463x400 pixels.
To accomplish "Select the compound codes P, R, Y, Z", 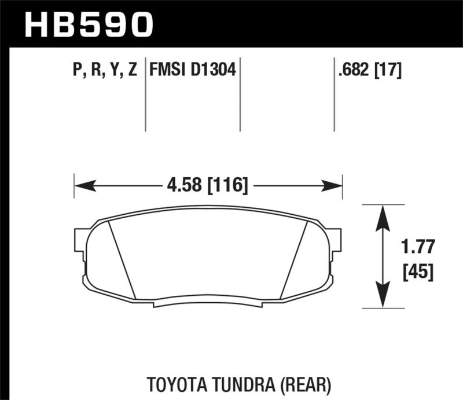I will click(x=105, y=71).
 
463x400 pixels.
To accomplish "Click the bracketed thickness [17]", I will click(x=389, y=71).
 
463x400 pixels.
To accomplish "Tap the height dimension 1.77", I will click(x=416, y=248).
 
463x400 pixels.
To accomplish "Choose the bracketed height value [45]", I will click(x=416, y=271).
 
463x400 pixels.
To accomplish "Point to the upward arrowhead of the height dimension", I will click(x=382, y=216).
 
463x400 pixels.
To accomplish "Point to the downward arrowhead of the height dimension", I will click(x=382, y=297).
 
